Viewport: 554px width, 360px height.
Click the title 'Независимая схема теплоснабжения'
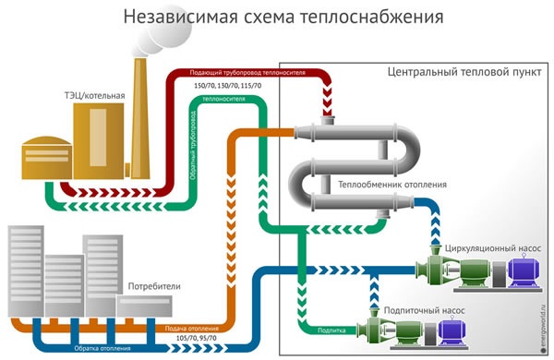tap(276, 18)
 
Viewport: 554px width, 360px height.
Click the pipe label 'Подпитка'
tap(331, 329)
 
